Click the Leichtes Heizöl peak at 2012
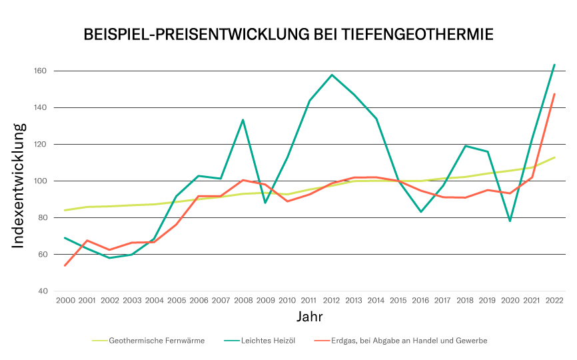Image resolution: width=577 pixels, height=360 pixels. click(x=332, y=75)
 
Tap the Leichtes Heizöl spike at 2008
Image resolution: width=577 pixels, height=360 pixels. click(x=243, y=119)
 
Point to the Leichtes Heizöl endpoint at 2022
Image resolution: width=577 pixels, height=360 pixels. click(x=554, y=65)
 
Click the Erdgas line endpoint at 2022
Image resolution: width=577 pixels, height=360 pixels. click(x=554, y=94)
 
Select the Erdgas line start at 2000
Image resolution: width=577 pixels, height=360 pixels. click(x=65, y=265)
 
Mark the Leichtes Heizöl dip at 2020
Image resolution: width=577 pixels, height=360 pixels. click(x=510, y=221)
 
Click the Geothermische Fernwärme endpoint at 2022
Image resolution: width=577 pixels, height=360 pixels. click(x=554, y=157)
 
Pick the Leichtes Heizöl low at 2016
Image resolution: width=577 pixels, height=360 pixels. click(x=421, y=212)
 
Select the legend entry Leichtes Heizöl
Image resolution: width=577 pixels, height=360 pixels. click(x=268, y=341)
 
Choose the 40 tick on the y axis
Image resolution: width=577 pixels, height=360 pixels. click(x=41, y=291)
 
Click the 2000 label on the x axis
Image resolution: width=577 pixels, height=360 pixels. click(x=65, y=301)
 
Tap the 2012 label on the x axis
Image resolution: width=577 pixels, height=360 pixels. click(x=332, y=301)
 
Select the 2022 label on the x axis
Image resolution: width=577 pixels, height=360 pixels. click(x=554, y=301)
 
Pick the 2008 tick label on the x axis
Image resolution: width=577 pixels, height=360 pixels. click(x=243, y=301)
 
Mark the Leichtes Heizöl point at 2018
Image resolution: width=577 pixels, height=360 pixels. click(x=465, y=145)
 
